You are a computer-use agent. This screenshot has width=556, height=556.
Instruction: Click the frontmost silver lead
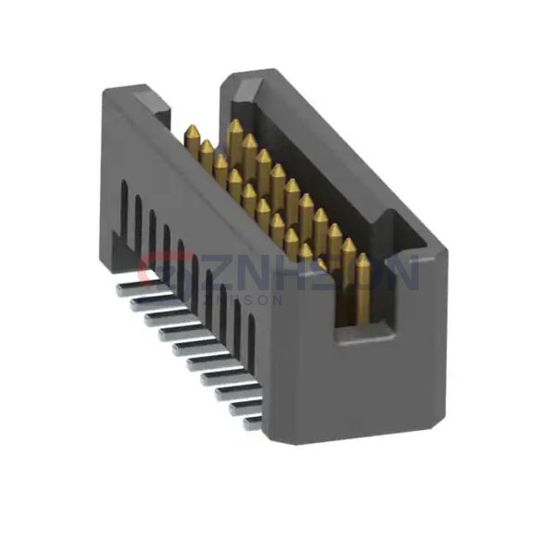click(251, 422)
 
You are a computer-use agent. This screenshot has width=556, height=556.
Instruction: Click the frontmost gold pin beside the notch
click(360, 269)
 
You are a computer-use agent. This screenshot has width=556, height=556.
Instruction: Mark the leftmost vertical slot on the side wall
click(123, 206)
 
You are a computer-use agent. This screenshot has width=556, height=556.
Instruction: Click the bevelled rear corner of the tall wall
click(239, 83)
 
